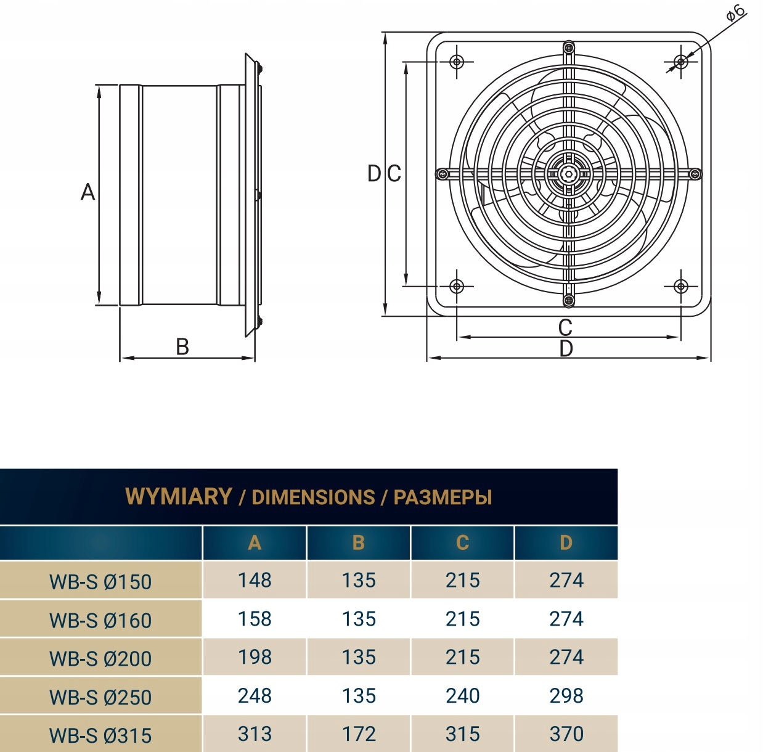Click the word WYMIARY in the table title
coord(178,496)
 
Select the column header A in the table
coord(255,543)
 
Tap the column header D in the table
coord(566,543)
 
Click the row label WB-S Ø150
coord(100,582)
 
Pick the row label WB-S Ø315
coord(100,735)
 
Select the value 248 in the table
coord(255,696)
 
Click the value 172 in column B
coord(359,734)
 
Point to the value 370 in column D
coord(566,734)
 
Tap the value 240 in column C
coord(462,696)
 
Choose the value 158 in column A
coord(255,619)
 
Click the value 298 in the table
coord(566,696)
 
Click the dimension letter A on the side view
coord(88,192)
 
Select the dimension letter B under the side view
coord(182,347)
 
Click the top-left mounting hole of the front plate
coord(457,62)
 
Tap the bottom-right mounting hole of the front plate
coord(680,286)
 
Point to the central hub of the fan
coord(568,174)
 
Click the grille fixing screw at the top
coord(568,47)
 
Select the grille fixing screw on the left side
coord(442,174)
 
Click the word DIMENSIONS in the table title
coord(313,497)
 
